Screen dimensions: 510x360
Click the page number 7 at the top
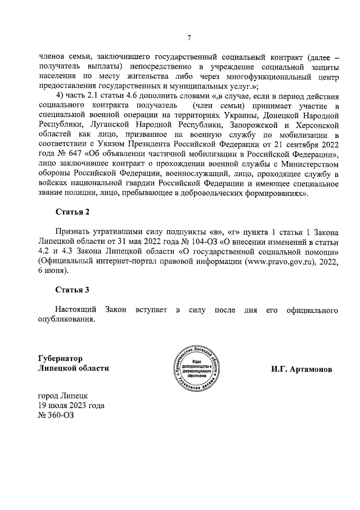189,38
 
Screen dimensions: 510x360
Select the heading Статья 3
72,290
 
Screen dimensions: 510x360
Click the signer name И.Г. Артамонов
301,370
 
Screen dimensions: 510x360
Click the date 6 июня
53,270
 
